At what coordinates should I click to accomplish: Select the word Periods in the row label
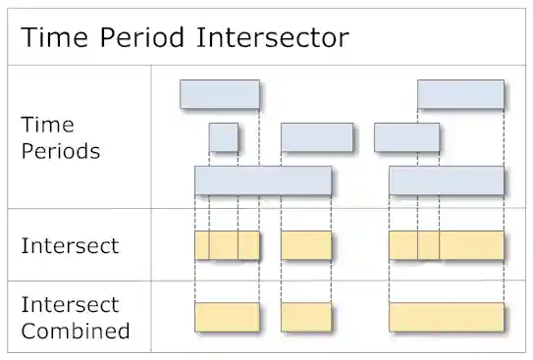tap(60, 152)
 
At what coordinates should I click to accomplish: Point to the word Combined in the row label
tap(76, 331)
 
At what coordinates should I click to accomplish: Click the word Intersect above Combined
tap(70, 304)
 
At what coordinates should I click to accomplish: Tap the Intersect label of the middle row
tap(70, 245)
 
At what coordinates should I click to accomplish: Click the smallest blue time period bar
tap(223, 137)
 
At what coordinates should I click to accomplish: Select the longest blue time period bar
tap(262, 180)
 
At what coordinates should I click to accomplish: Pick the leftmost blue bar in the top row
tap(219, 94)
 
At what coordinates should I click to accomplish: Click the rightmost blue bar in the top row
tap(460, 94)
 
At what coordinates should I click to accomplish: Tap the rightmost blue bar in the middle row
tap(406, 137)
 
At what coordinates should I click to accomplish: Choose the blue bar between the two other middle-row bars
tap(316, 137)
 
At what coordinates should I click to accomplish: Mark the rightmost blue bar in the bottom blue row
tap(447, 180)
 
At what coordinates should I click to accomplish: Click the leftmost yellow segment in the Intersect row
tap(201, 245)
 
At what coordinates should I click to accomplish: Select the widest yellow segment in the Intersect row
tap(471, 245)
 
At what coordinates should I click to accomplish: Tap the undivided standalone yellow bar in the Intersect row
tap(305, 245)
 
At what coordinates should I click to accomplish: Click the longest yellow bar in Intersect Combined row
tap(447, 317)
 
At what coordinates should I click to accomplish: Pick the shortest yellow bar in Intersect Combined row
tap(305, 317)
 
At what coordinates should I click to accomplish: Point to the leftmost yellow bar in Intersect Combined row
tap(227, 317)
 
